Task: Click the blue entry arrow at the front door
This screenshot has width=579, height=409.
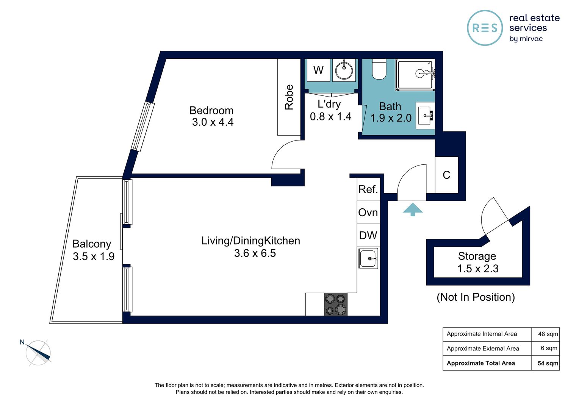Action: pyautogui.click(x=413, y=209)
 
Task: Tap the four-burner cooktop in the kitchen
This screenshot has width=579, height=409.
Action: pyautogui.click(x=336, y=304)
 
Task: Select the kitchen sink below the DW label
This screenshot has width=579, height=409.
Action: pyautogui.click(x=368, y=259)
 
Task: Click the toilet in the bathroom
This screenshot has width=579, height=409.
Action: pyautogui.click(x=379, y=69)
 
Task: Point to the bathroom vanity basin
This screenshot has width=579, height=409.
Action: pyautogui.click(x=426, y=116)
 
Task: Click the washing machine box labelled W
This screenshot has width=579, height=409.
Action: pyautogui.click(x=318, y=70)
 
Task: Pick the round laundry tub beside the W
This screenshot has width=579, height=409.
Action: pyautogui.click(x=344, y=70)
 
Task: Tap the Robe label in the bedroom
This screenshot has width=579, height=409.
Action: pyautogui.click(x=289, y=97)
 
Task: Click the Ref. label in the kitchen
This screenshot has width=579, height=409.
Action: pyautogui.click(x=368, y=189)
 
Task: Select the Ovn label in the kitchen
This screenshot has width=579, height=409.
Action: pyautogui.click(x=368, y=212)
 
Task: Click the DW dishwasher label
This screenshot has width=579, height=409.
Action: pyautogui.click(x=368, y=236)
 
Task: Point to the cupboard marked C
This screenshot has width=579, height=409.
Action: pyautogui.click(x=446, y=175)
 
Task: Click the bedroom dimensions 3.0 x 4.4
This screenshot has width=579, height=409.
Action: pyautogui.click(x=213, y=122)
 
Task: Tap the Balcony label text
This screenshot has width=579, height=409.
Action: pyautogui.click(x=92, y=244)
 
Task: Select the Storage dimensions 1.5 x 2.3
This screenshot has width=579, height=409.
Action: pyautogui.click(x=478, y=269)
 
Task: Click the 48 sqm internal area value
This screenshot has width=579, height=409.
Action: pyautogui.click(x=548, y=334)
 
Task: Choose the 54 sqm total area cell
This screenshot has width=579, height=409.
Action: pyautogui.click(x=548, y=363)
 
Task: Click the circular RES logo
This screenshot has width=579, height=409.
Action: pyautogui.click(x=485, y=28)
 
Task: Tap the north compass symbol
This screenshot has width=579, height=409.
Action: pyautogui.click(x=38, y=353)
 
